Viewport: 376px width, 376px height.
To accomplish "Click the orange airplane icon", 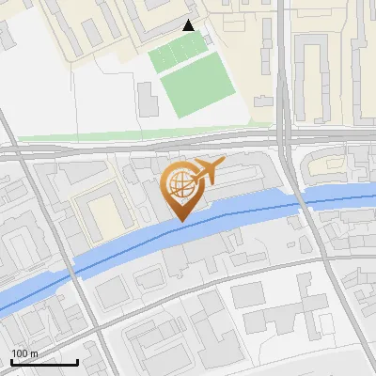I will pos(208,171).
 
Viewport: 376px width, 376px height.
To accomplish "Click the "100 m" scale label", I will pos(25,352).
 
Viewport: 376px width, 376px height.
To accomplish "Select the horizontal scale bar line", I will pos(44,362).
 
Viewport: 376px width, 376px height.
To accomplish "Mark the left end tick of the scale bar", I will pos(11,361).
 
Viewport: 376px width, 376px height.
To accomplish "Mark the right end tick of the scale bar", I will pos(78,361).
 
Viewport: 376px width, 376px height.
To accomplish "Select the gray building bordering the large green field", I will pos(149,99).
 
